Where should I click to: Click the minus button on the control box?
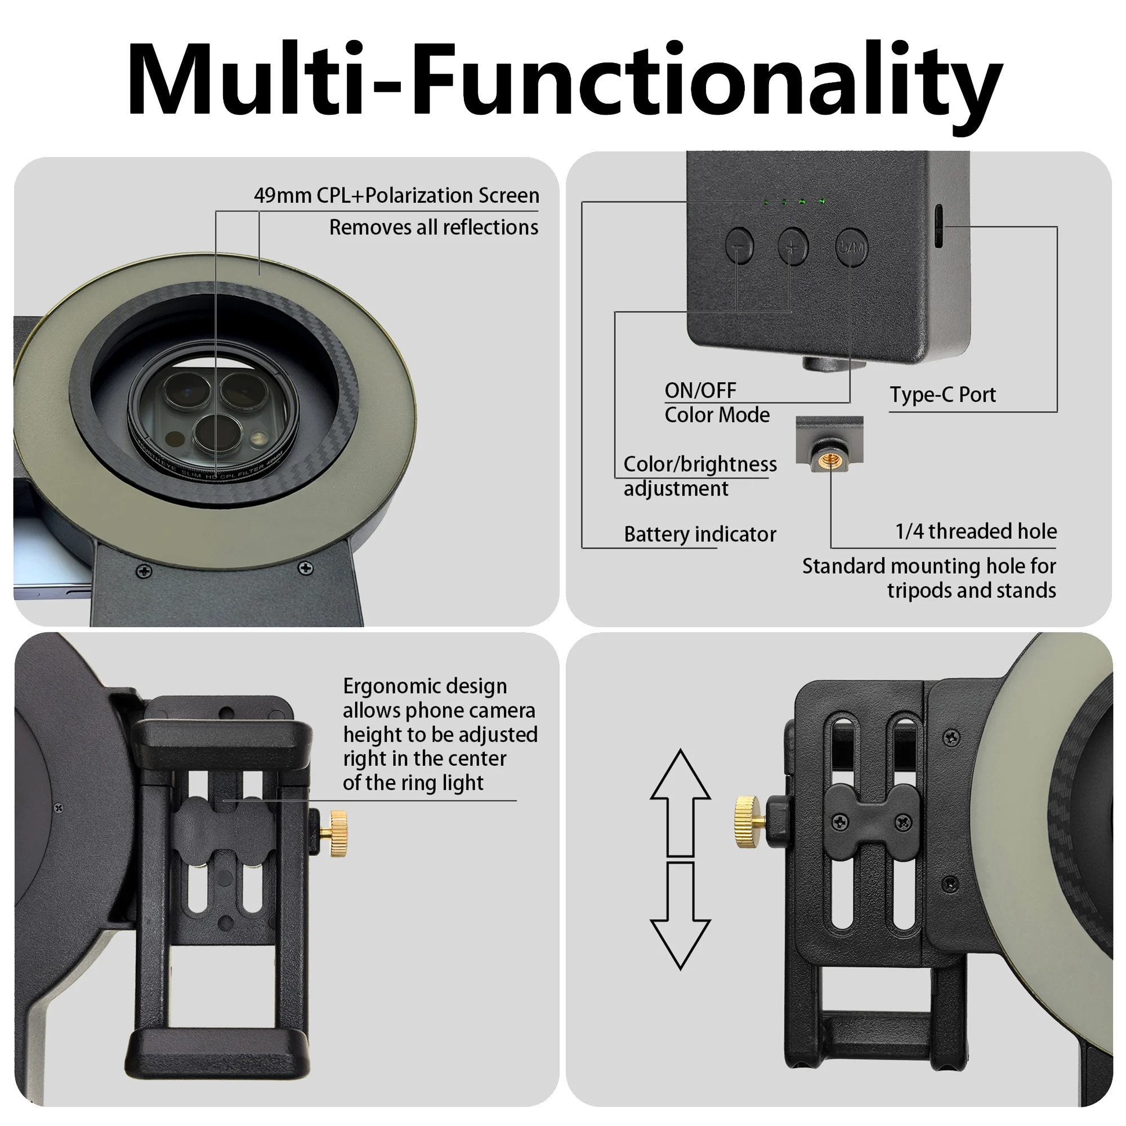740,246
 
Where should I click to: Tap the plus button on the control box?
793,245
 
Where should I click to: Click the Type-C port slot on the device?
940,227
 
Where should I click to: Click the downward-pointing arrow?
680,916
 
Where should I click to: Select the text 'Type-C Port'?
942,395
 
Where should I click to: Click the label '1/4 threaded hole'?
976,531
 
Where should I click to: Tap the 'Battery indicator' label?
700,534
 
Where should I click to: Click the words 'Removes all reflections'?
434,227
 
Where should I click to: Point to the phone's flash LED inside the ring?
257,437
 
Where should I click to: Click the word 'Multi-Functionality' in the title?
565,78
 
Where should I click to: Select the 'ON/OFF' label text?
700,390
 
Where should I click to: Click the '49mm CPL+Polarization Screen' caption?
396,195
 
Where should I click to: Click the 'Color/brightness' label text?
700,464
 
